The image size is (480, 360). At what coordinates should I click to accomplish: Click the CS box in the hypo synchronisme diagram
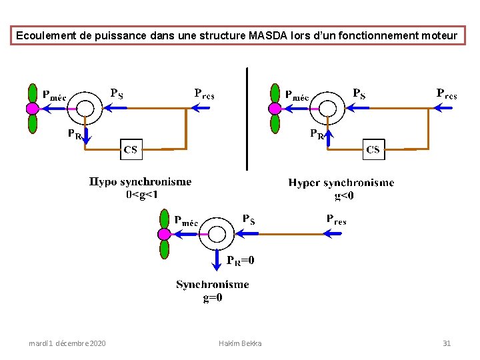pyautogui.click(x=131, y=149)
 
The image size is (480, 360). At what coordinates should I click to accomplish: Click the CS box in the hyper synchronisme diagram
pyautogui.click(x=373, y=149)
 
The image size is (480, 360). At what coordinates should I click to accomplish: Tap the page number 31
pyautogui.click(x=447, y=343)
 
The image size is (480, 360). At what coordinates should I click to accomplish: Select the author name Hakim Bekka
pyautogui.click(x=240, y=343)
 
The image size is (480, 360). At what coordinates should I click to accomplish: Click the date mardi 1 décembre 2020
pyautogui.click(x=67, y=343)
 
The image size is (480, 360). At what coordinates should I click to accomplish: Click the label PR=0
pyautogui.click(x=240, y=261)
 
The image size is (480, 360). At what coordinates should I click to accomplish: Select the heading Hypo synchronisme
pyautogui.click(x=140, y=182)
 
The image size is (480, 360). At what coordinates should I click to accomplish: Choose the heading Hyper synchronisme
pyautogui.click(x=341, y=183)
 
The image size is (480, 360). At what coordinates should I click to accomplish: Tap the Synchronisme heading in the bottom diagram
pyautogui.click(x=213, y=285)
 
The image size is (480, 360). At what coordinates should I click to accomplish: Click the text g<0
pyautogui.click(x=344, y=195)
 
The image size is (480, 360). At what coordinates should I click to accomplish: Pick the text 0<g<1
pyautogui.click(x=142, y=195)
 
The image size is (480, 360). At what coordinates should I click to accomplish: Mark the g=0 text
pyautogui.click(x=213, y=298)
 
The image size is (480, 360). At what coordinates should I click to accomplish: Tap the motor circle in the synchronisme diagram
pyautogui.click(x=217, y=234)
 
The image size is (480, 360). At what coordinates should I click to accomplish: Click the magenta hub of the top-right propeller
pyautogui.click(x=275, y=108)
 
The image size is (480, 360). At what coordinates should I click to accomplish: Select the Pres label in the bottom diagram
pyautogui.click(x=336, y=219)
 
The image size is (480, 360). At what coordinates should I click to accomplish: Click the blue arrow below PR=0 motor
pyautogui.click(x=219, y=259)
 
